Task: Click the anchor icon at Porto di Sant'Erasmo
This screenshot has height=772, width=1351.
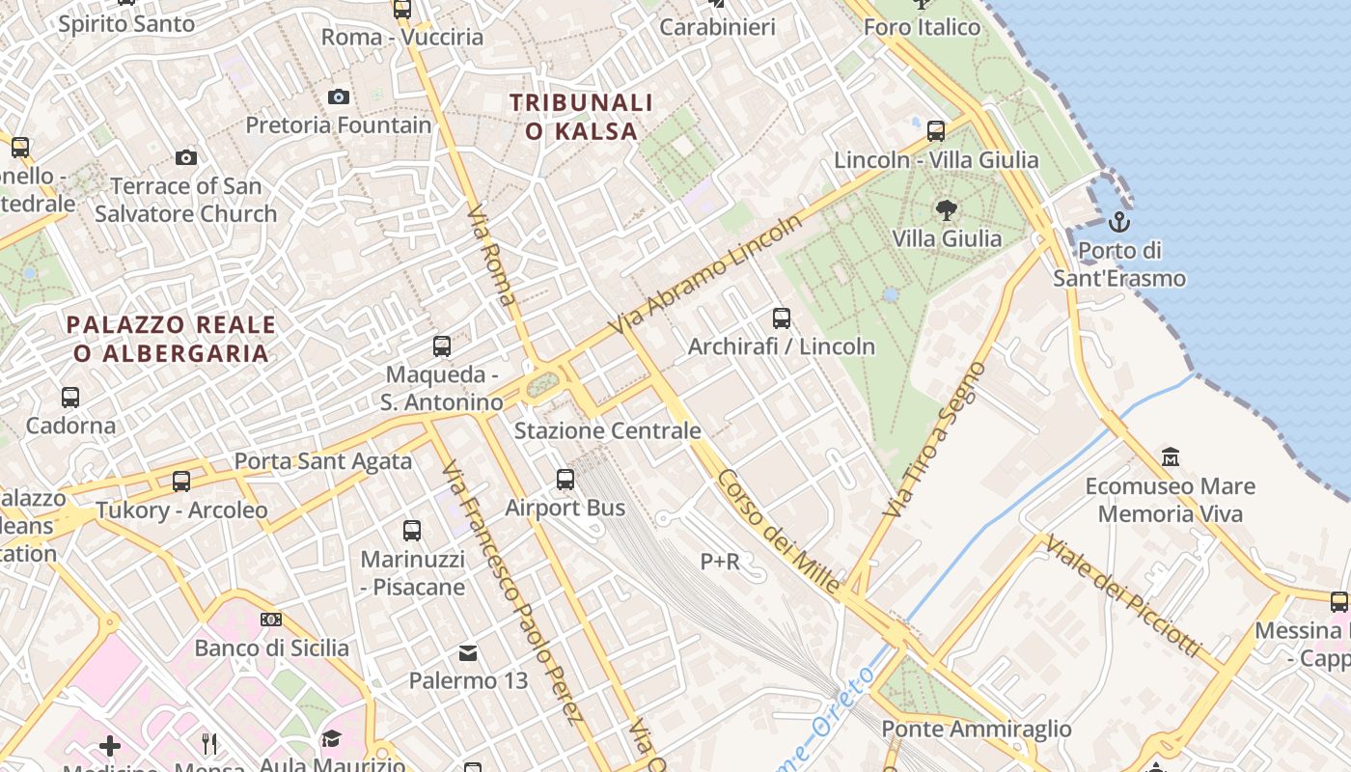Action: click(1118, 223)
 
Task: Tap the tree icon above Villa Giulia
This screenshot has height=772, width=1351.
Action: click(947, 209)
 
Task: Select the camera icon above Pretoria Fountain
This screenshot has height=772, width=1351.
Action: click(338, 96)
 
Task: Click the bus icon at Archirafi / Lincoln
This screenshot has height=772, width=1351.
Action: click(782, 317)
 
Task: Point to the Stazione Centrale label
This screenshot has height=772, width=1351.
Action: click(607, 430)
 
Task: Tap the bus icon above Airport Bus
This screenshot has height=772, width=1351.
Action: click(565, 479)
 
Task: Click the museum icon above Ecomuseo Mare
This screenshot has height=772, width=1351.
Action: click(1171, 456)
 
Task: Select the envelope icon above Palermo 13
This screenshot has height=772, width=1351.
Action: click(468, 653)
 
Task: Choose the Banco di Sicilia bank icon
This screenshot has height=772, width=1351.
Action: click(271, 619)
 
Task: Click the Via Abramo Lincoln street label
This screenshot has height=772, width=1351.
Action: click(706, 275)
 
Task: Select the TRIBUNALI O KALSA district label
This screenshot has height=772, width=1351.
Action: click(582, 116)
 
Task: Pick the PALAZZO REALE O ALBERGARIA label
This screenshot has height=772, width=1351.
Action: click(171, 339)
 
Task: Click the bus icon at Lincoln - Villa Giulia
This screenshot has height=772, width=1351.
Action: click(935, 130)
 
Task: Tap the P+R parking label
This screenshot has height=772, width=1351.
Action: click(720, 561)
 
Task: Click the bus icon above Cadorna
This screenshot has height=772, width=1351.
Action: click(70, 397)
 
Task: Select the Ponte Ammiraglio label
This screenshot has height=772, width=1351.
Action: click(977, 729)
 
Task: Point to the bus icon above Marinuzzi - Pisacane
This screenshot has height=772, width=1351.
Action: click(412, 530)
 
